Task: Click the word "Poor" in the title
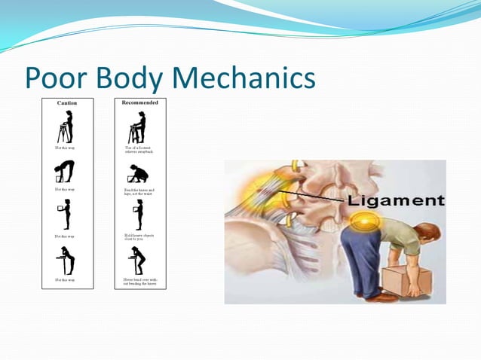(x=58, y=78)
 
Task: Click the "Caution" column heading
(x=67, y=102)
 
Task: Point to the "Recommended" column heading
(x=139, y=102)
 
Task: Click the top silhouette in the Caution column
(x=66, y=127)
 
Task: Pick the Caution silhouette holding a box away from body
(x=66, y=215)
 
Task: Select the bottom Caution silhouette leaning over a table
(x=67, y=261)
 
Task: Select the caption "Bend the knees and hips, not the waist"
(x=139, y=191)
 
